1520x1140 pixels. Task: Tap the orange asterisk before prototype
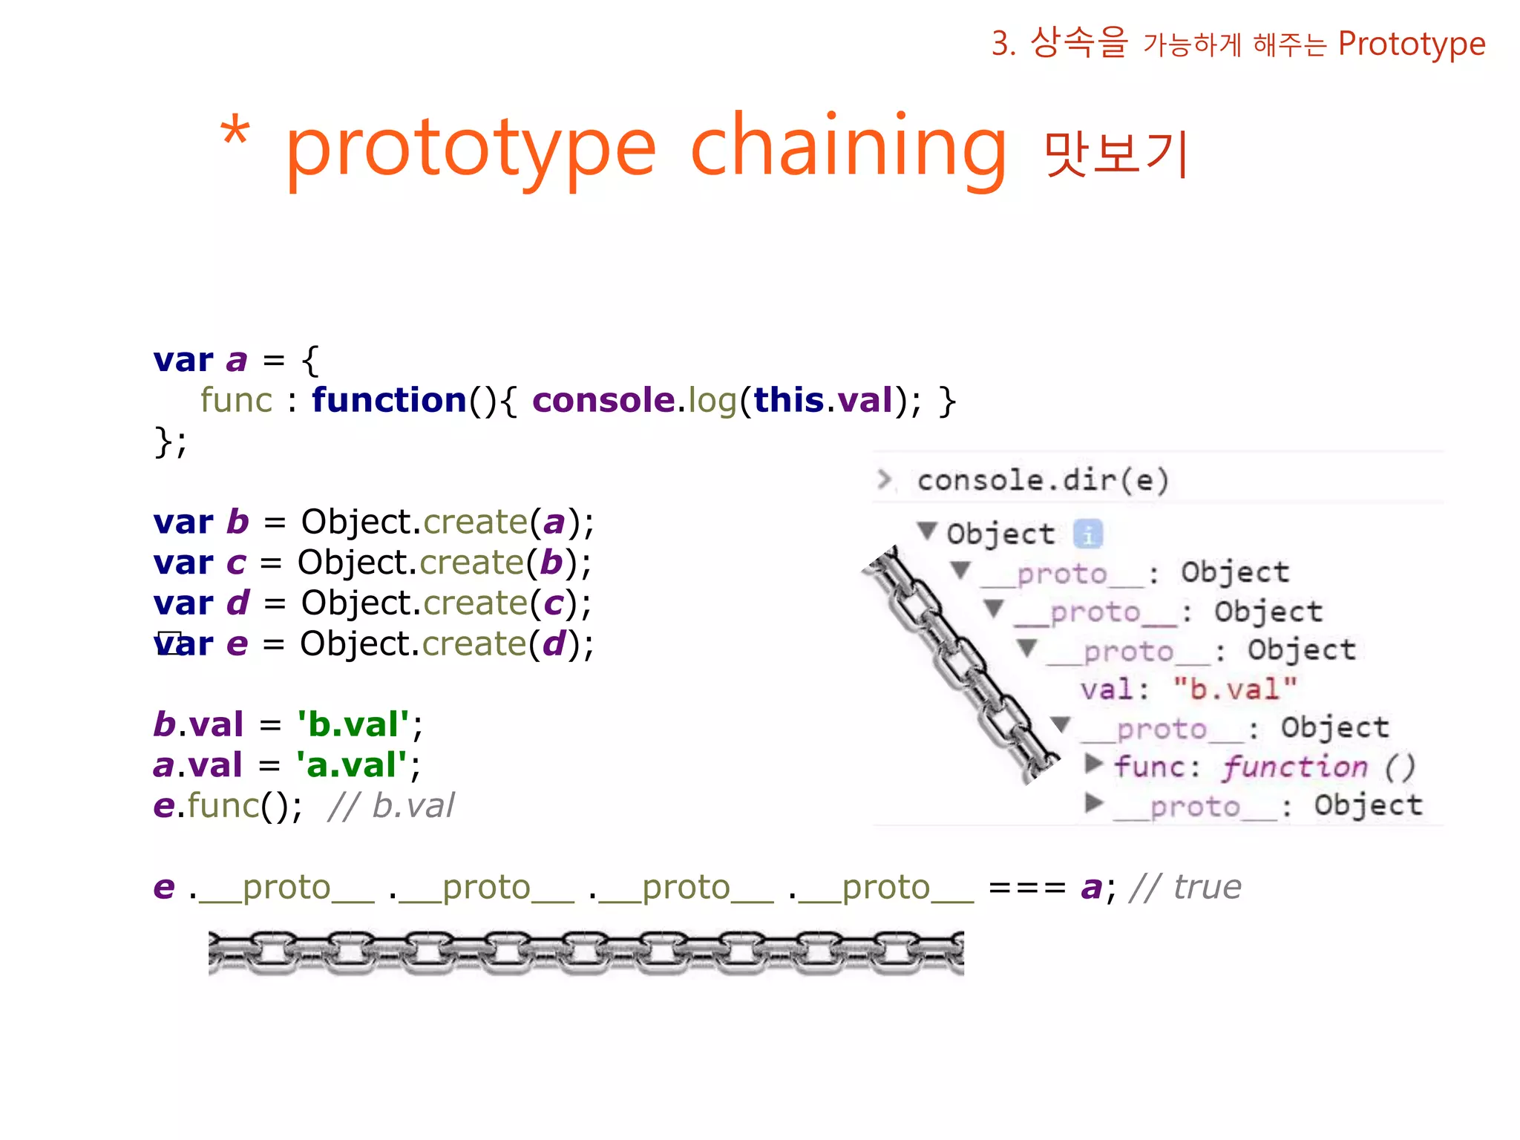(x=235, y=134)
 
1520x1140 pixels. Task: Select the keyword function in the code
(x=388, y=401)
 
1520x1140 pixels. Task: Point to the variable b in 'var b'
(x=237, y=522)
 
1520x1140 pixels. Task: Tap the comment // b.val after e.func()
(x=391, y=806)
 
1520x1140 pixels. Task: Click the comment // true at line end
(x=1185, y=888)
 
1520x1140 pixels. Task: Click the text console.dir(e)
(x=1043, y=480)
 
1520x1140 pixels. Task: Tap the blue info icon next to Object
(x=1088, y=534)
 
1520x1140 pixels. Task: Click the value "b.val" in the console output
(x=1234, y=689)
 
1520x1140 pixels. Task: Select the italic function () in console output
(x=1318, y=767)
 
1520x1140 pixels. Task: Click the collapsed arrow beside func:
(x=1092, y=764)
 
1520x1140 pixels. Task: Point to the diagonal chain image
(x=961, y=664)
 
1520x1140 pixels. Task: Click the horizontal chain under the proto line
(x=586, y=952)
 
